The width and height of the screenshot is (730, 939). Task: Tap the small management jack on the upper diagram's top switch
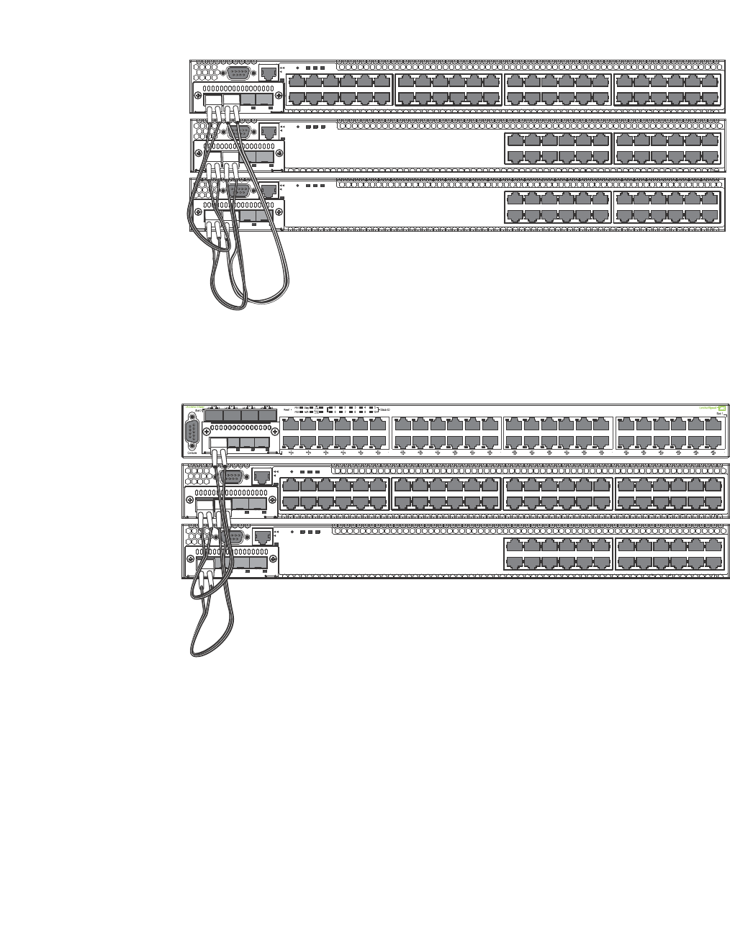[269, 73]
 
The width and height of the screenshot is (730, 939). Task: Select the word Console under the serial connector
[192, 453]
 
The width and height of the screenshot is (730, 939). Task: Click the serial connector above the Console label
[192, 434]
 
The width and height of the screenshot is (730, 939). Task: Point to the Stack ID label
[384, 409]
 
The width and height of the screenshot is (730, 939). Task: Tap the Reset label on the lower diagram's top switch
[286, 409]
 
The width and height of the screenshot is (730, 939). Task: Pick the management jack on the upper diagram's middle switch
[269, 132]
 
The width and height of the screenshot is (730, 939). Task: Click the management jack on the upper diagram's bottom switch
[269, 191]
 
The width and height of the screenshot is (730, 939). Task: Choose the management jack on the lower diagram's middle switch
[261, 476]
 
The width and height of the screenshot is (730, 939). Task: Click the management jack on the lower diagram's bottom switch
[261, 536]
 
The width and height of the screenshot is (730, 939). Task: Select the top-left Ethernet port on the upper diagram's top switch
[295, 81]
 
